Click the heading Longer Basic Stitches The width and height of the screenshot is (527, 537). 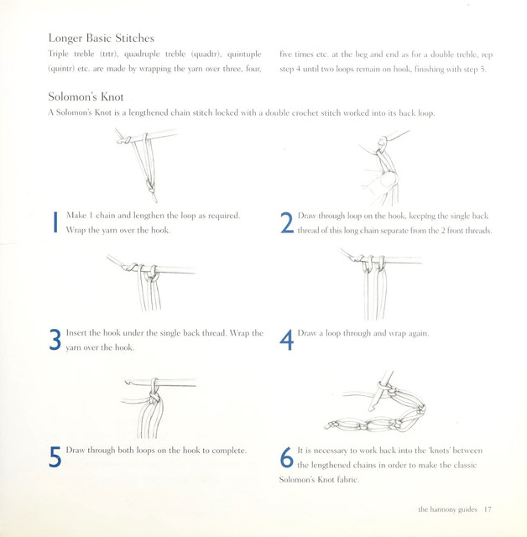[x=102, y=38]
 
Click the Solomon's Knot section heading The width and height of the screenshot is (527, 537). [x=86, y=96]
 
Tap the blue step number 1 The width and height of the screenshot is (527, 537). [x=55, y=222]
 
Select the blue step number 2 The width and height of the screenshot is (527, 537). [x=287, y=222]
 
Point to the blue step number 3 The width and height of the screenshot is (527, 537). [x=55, y=340]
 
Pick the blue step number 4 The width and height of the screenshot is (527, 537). [x=287, y=340]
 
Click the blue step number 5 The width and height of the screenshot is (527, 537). [x=55, y=456]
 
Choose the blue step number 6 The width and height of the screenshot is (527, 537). [x=287, y=457]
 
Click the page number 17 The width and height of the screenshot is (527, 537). [x=488, y=509]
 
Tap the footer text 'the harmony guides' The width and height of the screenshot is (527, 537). [x=447, y=509]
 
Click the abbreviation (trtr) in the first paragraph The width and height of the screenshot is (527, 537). [x=109, y=54]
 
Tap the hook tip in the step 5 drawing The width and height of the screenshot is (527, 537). [x=127, y=382]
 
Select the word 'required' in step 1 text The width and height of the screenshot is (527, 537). [x=223, y=216]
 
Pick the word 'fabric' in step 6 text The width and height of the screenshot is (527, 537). [x=348, y=479]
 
